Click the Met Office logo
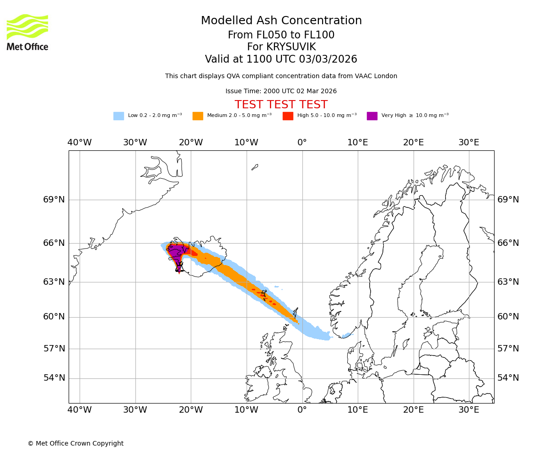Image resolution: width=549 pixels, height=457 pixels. [x=27, y=32]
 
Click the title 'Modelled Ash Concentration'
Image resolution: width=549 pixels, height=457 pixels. [x=281, y=21]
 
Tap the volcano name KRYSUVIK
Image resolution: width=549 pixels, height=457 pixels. [x=281, y=47]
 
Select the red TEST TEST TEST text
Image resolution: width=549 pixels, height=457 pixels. [x=281, y=105]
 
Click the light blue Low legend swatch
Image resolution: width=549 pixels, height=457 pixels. [x=118, y=116]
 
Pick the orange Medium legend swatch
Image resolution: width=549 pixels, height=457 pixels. [x=198, y=116]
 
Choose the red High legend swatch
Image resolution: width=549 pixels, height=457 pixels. [x=288, y=116]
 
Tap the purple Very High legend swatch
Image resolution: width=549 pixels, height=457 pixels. [x=372, y=116]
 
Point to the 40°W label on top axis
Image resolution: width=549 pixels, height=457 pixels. [x=80, y=143]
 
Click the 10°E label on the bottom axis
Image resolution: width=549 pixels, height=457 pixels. [x=358, y=410]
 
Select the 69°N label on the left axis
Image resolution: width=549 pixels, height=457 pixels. [x=54, y=200]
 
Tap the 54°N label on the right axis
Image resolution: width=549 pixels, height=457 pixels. [x=508, y=378]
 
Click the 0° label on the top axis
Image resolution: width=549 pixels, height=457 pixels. [x=302, y=143]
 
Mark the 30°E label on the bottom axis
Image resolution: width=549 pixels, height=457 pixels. [x=469, y=410]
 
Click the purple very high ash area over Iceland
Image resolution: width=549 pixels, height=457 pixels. [x=176, y=251]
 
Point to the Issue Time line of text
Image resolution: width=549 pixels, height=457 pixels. [x=281, y=91]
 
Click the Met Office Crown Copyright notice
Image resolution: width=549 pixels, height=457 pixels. [x=75, y=443]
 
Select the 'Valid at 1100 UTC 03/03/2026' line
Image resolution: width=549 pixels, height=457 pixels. [x=281, y=59]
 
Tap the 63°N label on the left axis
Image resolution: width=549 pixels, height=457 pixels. [x=54, y=282]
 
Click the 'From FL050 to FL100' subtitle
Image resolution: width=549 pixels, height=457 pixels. [x=281, y=35]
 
